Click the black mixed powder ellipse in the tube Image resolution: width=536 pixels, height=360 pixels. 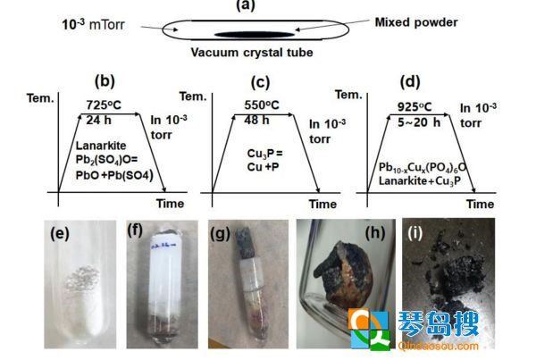point(255,34)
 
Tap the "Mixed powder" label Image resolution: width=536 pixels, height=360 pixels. point(416,22)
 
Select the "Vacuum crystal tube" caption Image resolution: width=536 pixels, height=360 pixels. point(252,53)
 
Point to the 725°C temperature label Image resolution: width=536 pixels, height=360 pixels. point(104,105)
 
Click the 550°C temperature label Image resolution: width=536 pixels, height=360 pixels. point(262,105)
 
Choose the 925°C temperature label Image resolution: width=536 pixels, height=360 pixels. point(415,106)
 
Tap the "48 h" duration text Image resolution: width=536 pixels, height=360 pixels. point(256,120)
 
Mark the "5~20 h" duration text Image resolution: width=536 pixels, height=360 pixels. point(419,122)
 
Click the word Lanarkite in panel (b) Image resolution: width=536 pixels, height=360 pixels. point(101,146)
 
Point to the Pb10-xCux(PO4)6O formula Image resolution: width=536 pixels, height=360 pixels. point(423,167)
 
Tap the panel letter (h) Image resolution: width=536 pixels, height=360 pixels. point(375,233)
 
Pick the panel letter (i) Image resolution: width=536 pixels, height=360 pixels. point(415,233)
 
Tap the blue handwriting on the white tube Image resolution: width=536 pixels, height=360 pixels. point(163,245)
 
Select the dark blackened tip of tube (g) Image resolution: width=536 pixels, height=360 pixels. point(244,243)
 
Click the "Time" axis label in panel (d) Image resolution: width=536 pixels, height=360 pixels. point(480,204)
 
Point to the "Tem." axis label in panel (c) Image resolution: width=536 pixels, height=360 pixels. point(193,96)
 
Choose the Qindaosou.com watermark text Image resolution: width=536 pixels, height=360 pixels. point(439,346)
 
